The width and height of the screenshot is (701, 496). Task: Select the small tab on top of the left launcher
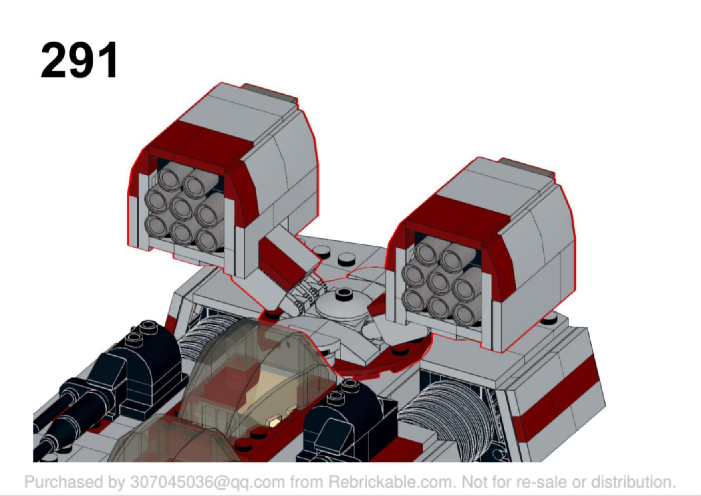272,93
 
